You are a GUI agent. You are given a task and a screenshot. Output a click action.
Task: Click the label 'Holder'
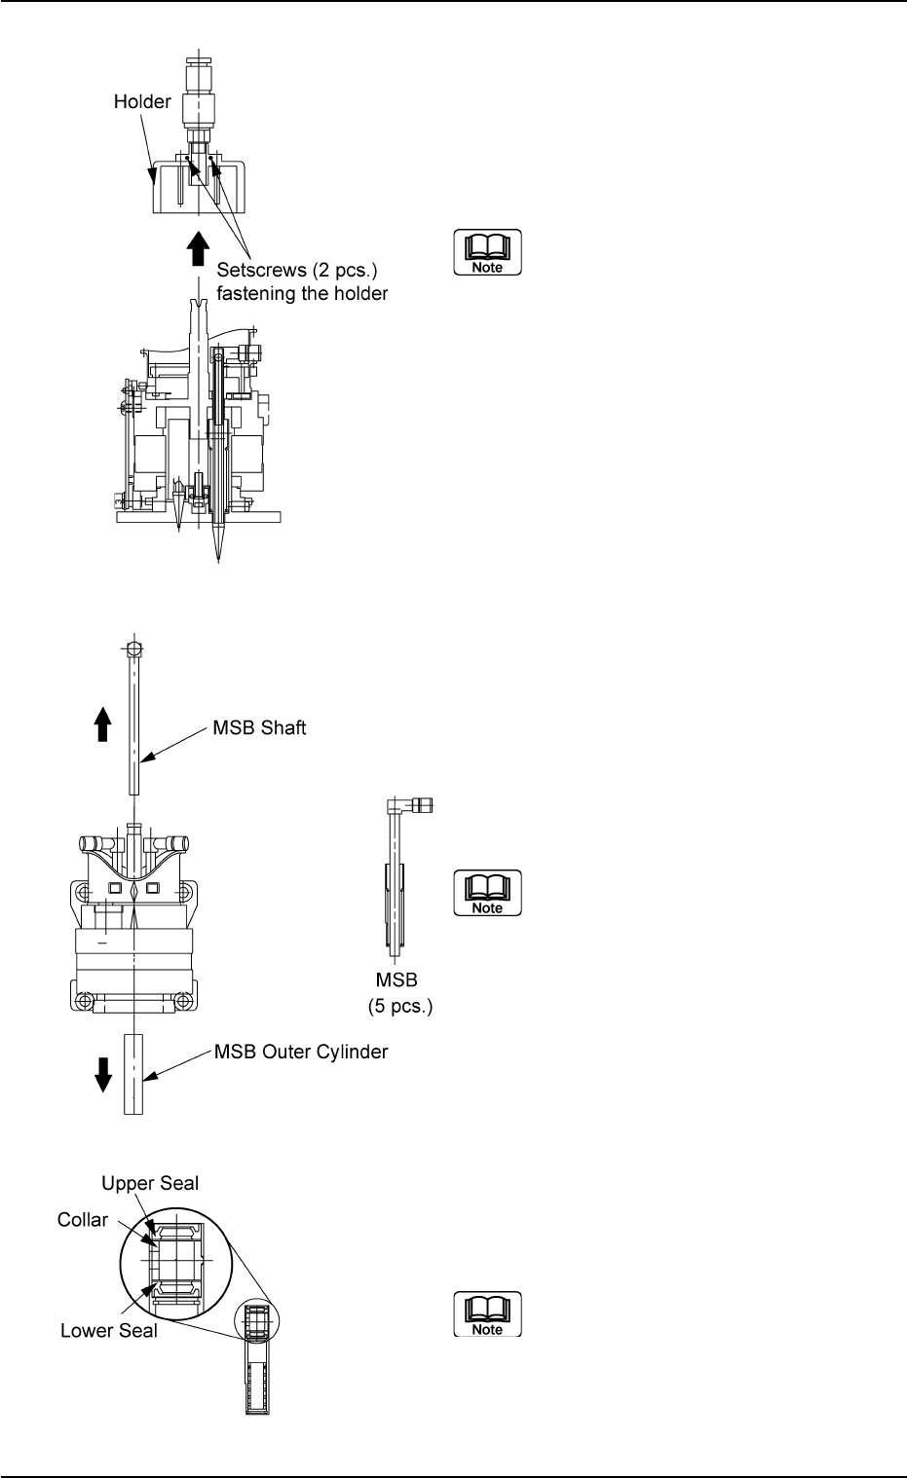click(x=142, y=101)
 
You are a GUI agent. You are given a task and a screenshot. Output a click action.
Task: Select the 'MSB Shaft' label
click(x=259, y=728)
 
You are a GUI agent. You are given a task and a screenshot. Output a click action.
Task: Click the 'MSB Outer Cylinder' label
click(x=301, y=1053)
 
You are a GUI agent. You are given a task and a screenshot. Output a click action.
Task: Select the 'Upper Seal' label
click(x=150, y=1184)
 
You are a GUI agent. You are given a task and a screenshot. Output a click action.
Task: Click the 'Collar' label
click(x=83, y=1220)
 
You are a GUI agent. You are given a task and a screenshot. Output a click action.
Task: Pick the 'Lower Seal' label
click(x=109, y=1331)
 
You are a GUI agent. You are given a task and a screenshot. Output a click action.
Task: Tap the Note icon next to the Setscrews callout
click(x=487, y=253)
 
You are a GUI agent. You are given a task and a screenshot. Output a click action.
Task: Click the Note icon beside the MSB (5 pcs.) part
click(x=487, y=893)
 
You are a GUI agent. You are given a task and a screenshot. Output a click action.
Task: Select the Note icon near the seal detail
click(x=487, y=1314)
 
